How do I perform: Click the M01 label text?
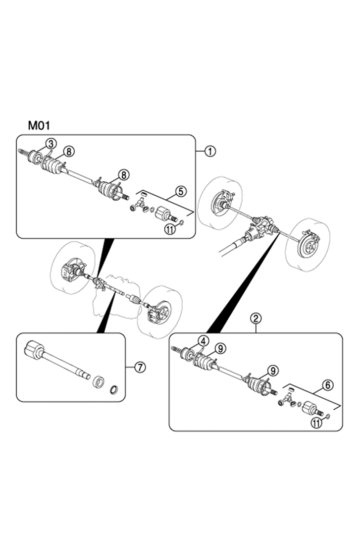[x=39, y=125]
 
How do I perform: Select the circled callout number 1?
[x=210, y=152]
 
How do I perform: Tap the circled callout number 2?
[x=256, y=319]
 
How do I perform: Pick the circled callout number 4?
[x=204, y=341]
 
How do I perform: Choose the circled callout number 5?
[x=181, y=191]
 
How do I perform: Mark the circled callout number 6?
[x=328, y=384]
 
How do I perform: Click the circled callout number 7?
[x=140, y=367]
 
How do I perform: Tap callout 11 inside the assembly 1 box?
[x=170, y=229]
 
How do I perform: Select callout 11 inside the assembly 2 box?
[x=316, y=423]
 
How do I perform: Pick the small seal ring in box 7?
[x=115, y=389]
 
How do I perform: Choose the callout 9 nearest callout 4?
[x=220, y=349]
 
